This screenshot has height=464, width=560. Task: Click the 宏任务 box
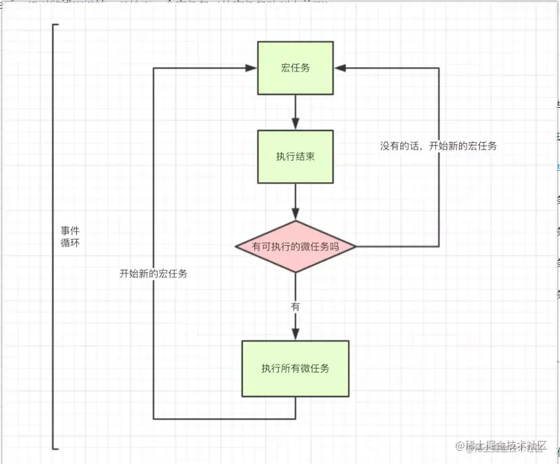pyautogui.click(x=295, y=68)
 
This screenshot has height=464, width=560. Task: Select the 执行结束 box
pyautogui.click(x=295, y=156)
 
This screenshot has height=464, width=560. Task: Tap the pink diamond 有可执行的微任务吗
pyautogui.click(x=295, y=247)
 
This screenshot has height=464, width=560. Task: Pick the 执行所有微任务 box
pyautogui.click(x=295, y=368)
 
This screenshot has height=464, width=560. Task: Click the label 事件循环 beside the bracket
pyautogui.click(x=70, y=237)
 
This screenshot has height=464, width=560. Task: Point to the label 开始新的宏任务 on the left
pyautogui.click(x=153, y=274)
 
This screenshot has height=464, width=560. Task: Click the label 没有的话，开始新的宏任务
pyautogui.click(x=439, y=146)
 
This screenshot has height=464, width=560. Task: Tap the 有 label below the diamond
pyautogui.click(x=295, y=307)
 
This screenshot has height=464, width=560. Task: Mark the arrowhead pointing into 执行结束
pyautogui.click(x=295, y=124)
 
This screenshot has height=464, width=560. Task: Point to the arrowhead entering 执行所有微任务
pyautogui.click(x=295, y=335)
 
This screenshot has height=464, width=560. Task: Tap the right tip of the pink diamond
pyautogui.click(x=356, y=247)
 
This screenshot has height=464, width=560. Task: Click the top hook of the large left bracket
pyautogui.click(x=56, y=25)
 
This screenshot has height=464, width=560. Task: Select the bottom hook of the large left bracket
pyautogui.click(x=56, y=449)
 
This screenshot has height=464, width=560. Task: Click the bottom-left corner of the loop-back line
pyautogui.click(x=153, y=419)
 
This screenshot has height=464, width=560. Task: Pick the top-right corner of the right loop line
pyautogui.click(x=439, y=68)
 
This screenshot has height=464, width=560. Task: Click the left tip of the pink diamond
pyautogui.click(x=236, y=247)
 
